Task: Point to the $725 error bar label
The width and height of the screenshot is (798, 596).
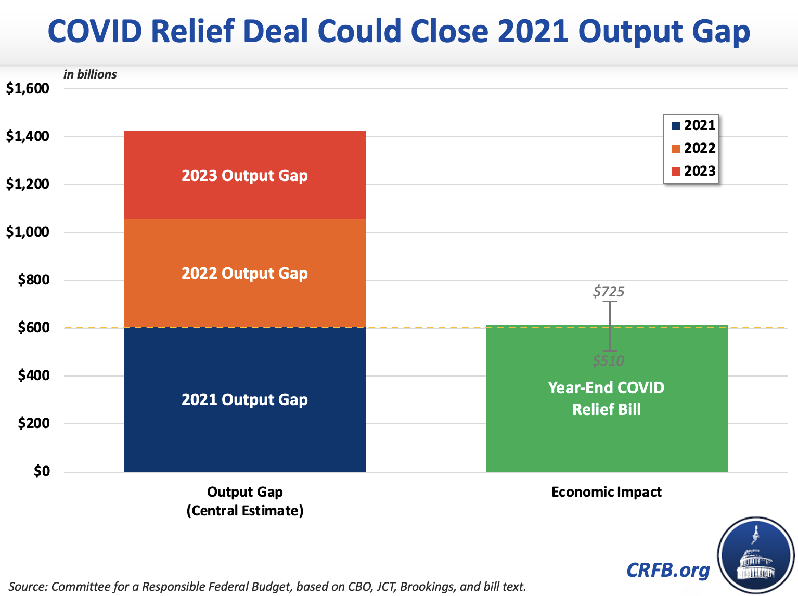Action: (x=608, y=292)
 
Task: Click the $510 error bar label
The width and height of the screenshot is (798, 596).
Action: (x=608, y=360)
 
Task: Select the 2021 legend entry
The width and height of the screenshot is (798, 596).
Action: (x=693, y=125)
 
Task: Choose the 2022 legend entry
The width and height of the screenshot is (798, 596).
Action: (x=693, y=148)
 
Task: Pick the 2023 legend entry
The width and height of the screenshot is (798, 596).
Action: (x=693, y=171)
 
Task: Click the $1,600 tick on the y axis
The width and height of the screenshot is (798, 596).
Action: (x=28, y=88)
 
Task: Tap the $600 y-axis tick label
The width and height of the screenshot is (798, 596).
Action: (x=34, y=328)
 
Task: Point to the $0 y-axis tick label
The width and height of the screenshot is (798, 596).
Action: (x=42, y=471)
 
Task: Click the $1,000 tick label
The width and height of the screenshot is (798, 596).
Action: (x=28, y=232)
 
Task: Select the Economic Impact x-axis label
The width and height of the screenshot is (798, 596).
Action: (x=606, y=492)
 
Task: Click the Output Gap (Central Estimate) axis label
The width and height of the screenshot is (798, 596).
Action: (x=244, y=501)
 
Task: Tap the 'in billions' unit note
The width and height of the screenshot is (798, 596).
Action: (x=90, y=74)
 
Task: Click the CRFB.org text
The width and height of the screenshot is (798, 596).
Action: (x=668, y=570)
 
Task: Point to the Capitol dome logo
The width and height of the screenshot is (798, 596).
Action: (x=756, y=555)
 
